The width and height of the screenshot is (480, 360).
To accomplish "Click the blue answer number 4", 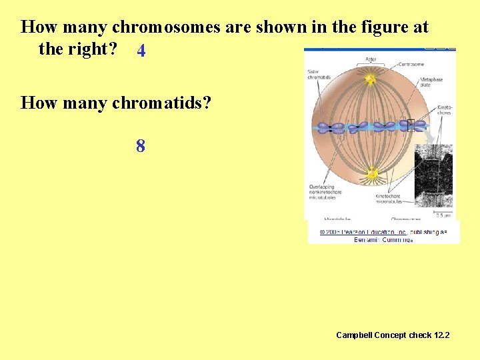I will click(141, 51).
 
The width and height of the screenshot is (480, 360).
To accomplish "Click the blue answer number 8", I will click(141, 146).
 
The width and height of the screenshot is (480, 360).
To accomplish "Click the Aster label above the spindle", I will click(371, 59).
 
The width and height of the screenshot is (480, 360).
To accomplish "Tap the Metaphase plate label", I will click(431, 82).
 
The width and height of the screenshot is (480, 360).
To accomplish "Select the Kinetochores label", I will click(443, 109).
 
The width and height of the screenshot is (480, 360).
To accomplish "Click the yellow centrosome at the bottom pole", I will click(371, 174).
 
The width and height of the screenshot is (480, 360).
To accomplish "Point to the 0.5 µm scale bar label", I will click(443, 215).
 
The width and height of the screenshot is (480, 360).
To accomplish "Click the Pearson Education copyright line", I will click(383, 232).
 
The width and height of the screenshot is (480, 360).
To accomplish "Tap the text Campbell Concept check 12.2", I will click(393, 335).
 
